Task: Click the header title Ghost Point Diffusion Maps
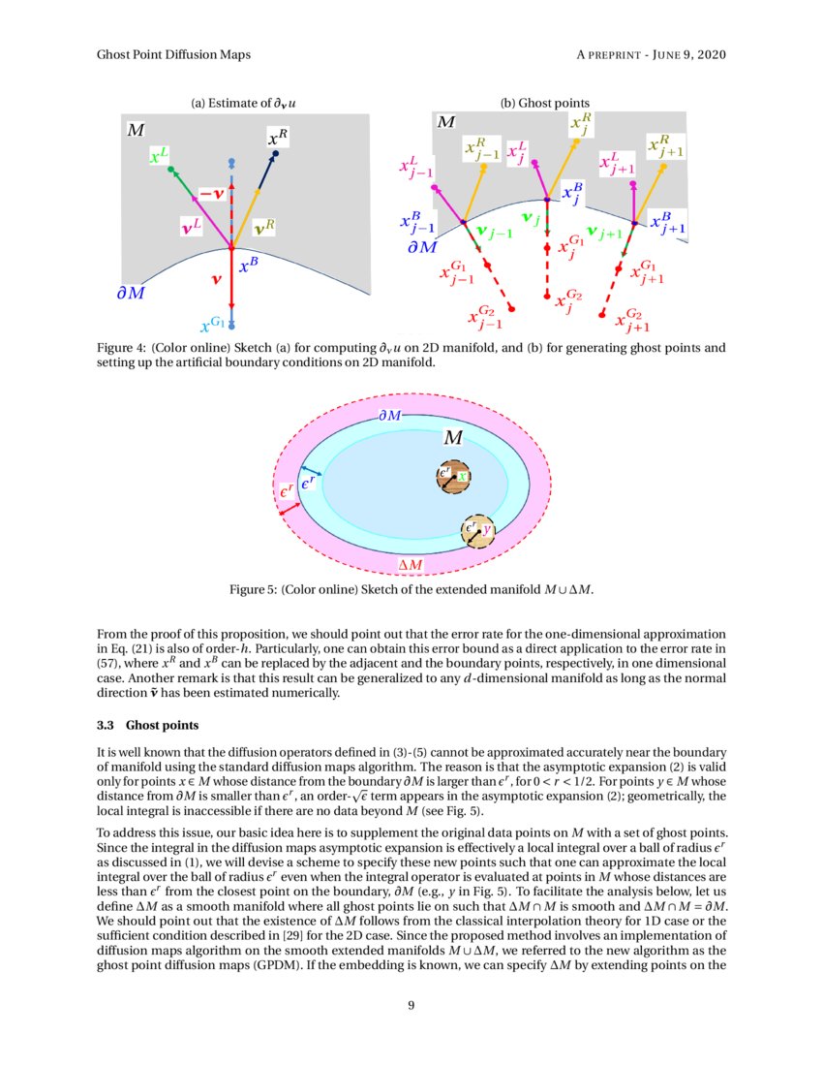174,54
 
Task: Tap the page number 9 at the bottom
411,1005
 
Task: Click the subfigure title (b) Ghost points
544,103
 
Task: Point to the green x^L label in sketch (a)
159,155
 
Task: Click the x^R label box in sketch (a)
278,138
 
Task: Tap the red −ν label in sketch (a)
212,194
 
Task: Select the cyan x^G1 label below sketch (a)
212,325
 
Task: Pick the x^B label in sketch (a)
248,262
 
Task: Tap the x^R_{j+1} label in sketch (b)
667,148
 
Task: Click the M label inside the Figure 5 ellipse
453,438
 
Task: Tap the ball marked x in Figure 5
452,475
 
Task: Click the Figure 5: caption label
253,589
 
